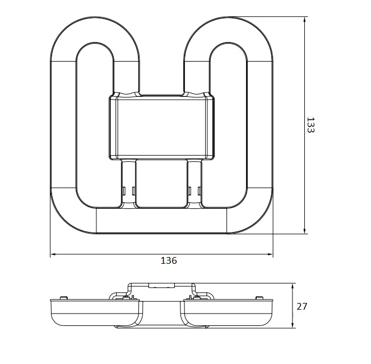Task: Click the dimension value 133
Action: (x=310, y=125)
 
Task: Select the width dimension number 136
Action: (x=169, y=260)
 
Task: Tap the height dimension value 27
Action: (x=302, y=306)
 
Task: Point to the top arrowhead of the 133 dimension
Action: (x=305, y=19)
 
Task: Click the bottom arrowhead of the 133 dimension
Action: (x=305, y=231)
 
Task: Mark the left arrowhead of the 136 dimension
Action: (x=53, y=254)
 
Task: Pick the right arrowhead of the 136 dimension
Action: (x=270, y=254)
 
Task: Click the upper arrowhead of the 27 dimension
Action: (x=293, y=286)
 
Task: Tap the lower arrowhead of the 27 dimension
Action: (x=293, y=325)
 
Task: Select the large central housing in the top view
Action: (x=162, y=127)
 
